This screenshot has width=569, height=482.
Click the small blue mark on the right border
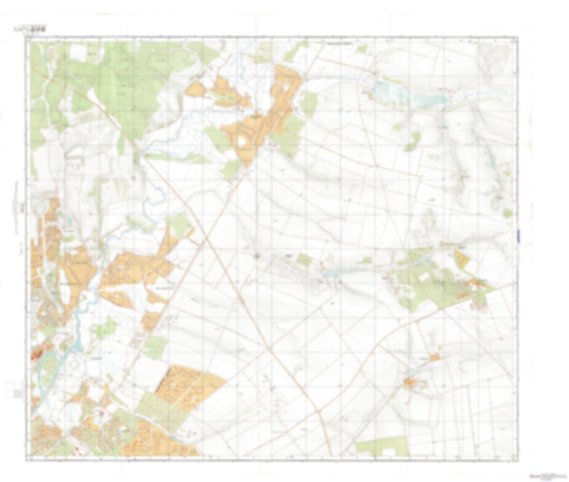point(519,235)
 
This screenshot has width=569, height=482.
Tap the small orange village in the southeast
point(411,382)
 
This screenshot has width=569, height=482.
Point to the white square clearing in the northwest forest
point(79,53)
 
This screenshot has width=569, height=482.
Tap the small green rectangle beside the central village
point(304,260)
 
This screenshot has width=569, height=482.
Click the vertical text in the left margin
point(16,209)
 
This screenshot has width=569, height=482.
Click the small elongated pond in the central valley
point(333,273)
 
